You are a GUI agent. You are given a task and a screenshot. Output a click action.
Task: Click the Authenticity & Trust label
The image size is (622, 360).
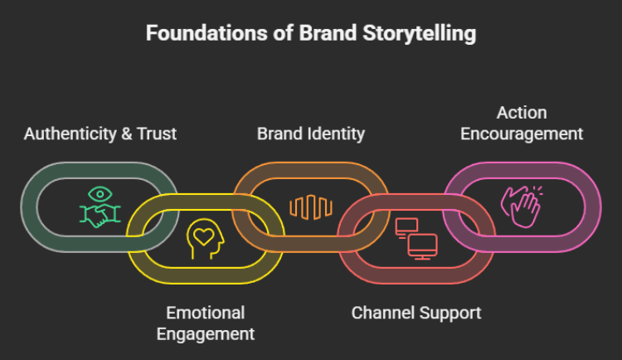pyautogui.click(x=100, y=134)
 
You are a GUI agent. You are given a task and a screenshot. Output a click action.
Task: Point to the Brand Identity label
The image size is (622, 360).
pyautogui.click(x=311, y=134)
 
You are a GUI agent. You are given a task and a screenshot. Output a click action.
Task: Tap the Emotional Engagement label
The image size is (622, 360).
pyautogui.click(x=206, y=324)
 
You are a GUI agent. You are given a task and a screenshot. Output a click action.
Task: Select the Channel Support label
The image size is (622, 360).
pyautogui.click(x=416, y=314)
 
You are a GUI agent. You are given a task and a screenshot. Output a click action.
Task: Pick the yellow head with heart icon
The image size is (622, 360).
pyautogui.click(x=204, y=237)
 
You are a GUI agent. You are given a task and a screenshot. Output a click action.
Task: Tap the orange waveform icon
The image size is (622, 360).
pyautogui.click(x=310, y=207)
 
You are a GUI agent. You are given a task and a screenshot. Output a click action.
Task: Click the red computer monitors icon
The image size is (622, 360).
pyautogui.click(x=416, y=237)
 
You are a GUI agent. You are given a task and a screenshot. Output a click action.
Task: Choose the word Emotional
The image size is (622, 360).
pyautogui.click(x=206, y=314)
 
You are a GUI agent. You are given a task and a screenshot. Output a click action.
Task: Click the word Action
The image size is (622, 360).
pyautogui.click(x=522, y=112)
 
